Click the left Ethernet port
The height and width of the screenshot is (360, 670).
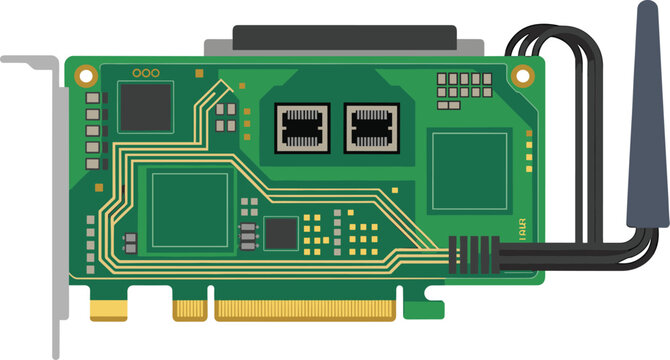tap(302, 128)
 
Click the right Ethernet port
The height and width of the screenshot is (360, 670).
tap(371, 128)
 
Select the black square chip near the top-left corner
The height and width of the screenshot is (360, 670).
tap(145, 107)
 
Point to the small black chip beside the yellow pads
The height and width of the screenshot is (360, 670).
tap(281, 233)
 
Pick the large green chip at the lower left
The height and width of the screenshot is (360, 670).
tap(189, 209)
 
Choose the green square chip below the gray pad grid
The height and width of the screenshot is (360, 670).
tap(469, 170)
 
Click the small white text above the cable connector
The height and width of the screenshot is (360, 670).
tap(521, 229)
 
